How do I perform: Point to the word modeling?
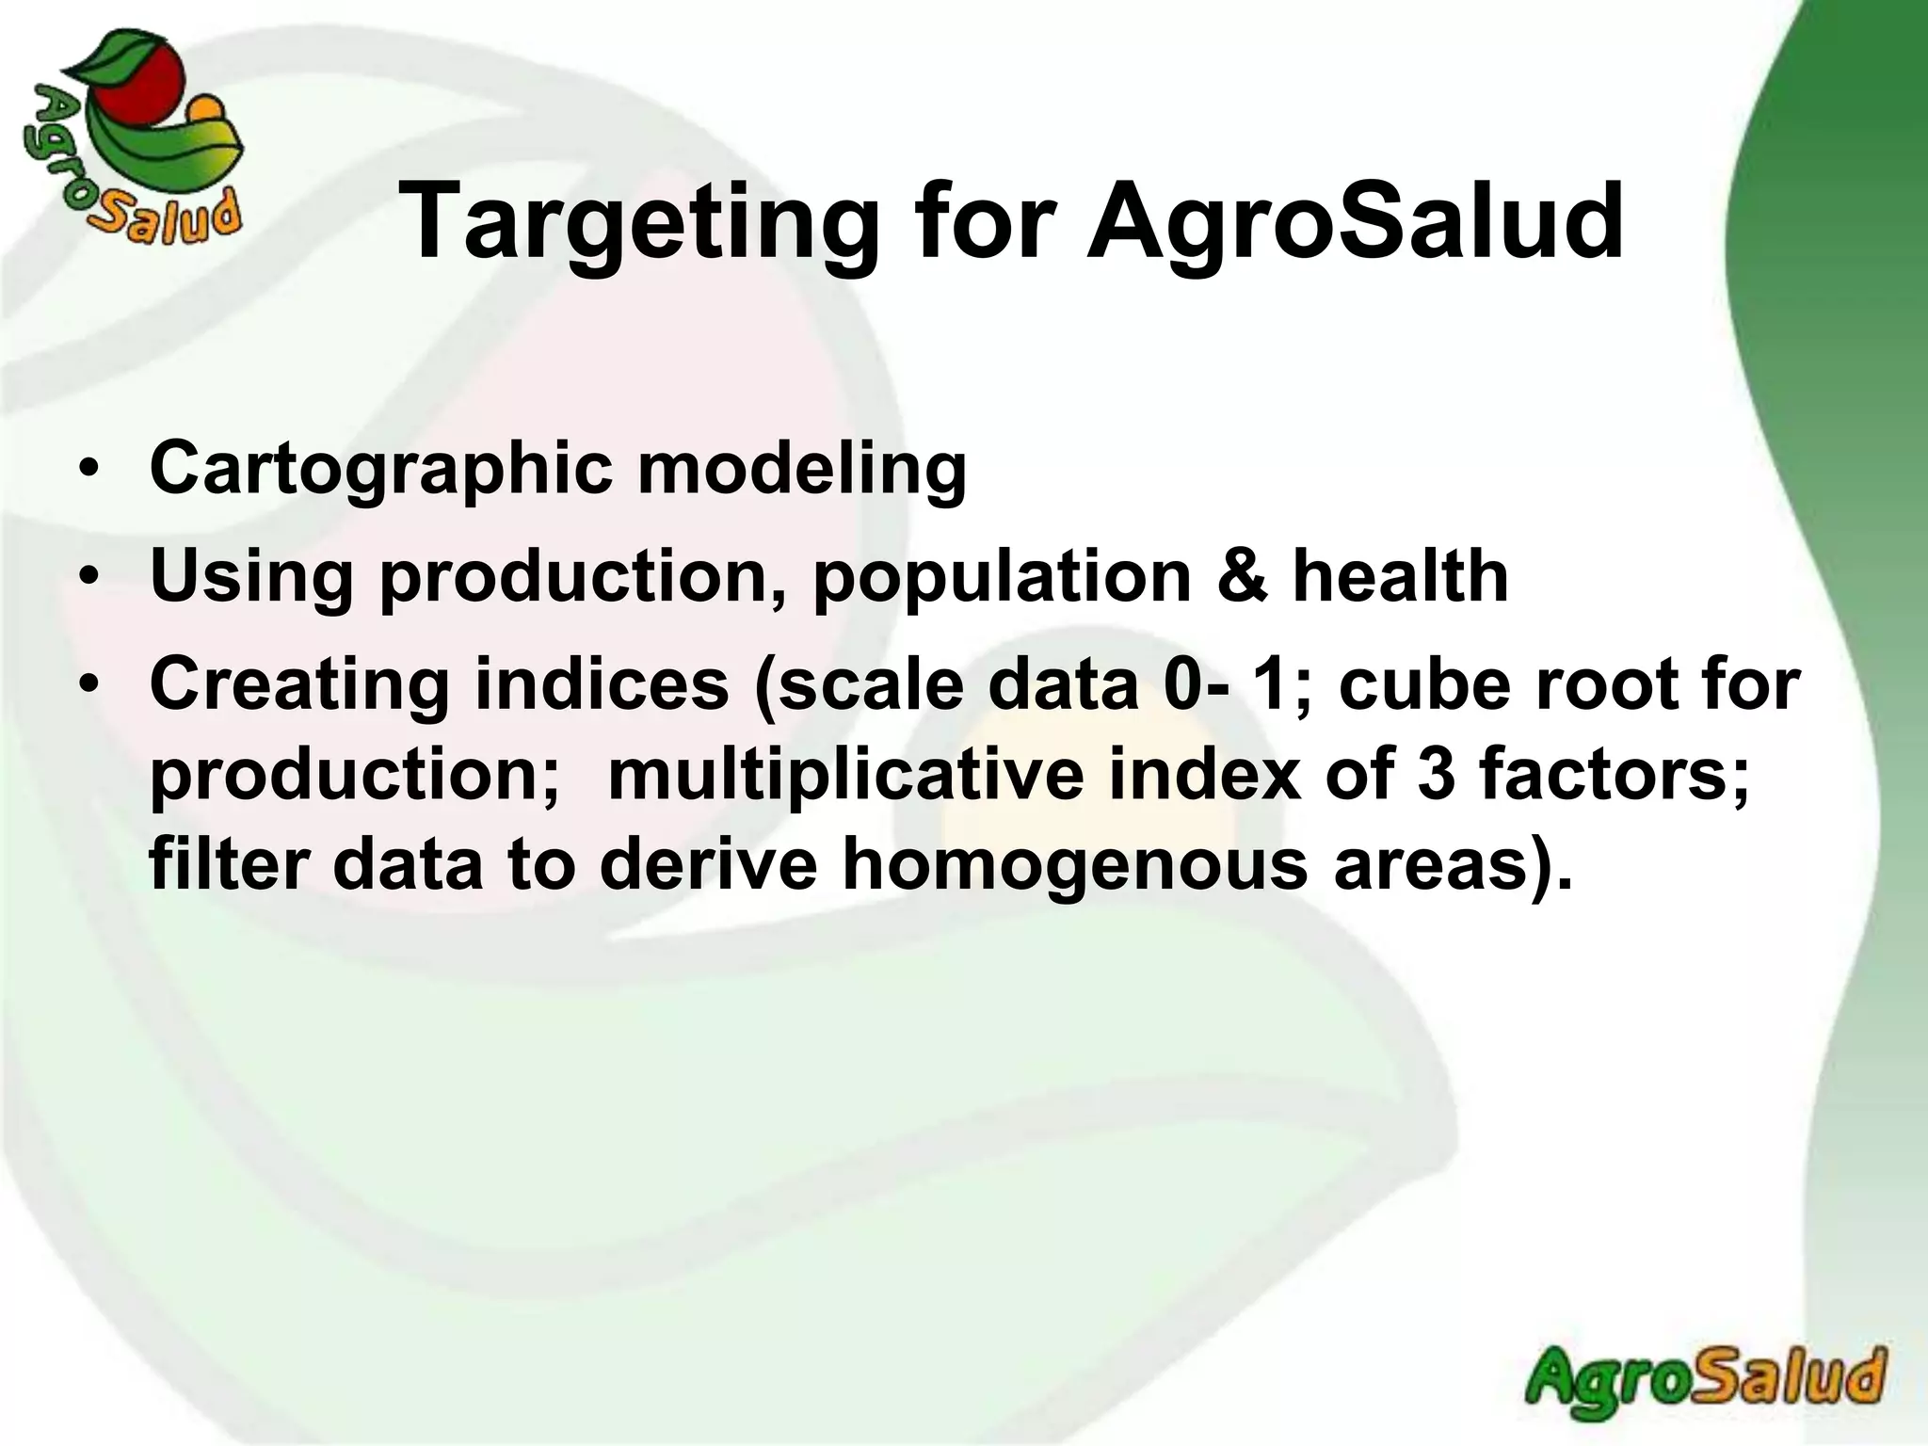(802, 469)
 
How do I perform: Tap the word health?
(1400, 576)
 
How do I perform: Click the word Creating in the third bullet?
(299, 685)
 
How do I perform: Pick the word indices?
(602, 683)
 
